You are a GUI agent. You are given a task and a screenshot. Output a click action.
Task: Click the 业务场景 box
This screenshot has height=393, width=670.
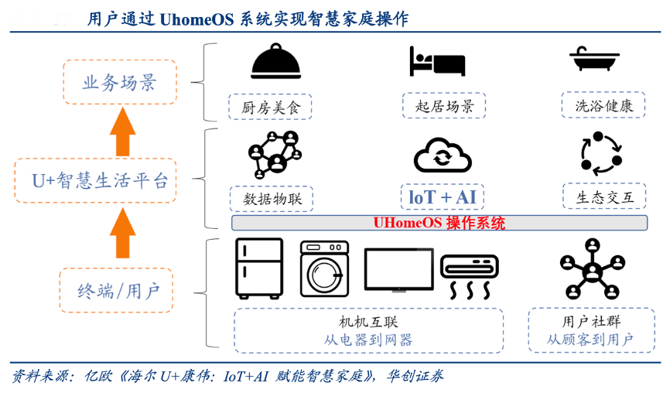click(x=119, y=83)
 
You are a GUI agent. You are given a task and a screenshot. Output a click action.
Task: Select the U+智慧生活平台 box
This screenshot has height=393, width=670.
click(x=96, y=181)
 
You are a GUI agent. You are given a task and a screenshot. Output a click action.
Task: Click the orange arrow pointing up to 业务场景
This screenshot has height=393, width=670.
click(x=122, y=131)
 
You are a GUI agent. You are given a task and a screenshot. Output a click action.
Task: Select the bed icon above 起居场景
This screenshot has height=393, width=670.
click(x=437, y=61)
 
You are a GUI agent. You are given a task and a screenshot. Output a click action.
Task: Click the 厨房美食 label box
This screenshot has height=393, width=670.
click(x=270, y=107)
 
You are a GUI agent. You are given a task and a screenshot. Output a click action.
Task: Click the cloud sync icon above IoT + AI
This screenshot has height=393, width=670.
click(x=443, y=155)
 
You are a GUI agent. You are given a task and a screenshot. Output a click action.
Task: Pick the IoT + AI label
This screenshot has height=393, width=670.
click(x=443, y=197)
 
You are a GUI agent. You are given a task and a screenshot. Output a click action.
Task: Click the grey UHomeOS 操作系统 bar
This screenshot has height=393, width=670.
click(x=439, y=223)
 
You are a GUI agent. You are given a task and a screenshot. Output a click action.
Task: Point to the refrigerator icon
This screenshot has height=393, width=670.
click(x=258, y=268)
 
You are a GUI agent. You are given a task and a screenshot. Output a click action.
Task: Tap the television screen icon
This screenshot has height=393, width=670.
click(x=398, y=270)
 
